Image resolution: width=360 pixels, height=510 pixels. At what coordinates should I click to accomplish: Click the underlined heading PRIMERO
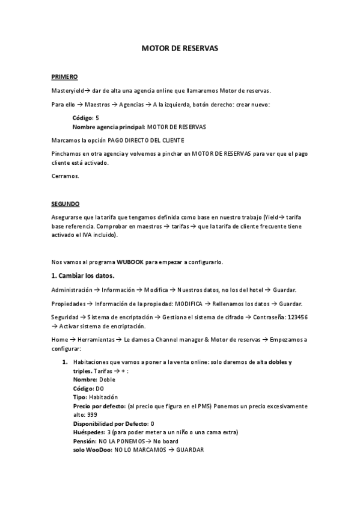coord(64,77)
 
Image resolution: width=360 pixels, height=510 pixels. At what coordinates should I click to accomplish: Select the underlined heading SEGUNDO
coord(65,204)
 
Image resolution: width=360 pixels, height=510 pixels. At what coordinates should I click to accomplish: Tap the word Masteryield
coord(67,91)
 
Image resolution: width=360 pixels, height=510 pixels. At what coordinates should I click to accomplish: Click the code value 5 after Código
coord(97,118)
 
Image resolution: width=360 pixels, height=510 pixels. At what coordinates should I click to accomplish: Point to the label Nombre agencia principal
coord(108,127)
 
